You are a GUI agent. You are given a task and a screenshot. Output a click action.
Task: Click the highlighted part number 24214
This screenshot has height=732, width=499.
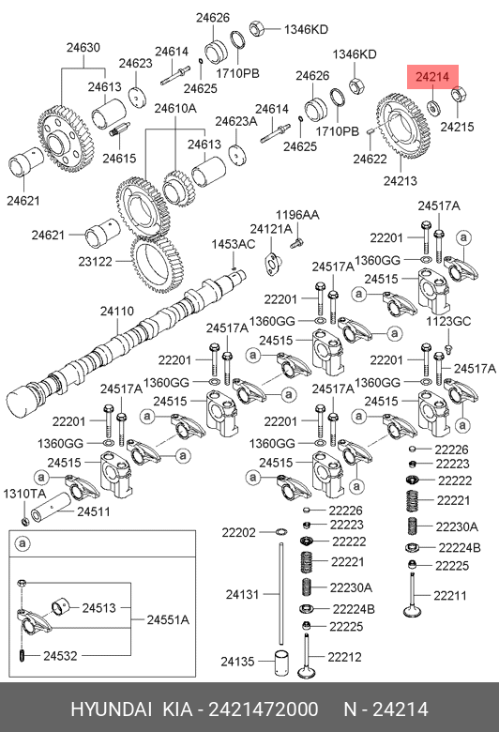pyautogui.click(x=432, y=77)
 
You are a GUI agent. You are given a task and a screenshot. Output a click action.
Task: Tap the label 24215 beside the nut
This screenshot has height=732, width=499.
pyautogui.click(x=457, y=127)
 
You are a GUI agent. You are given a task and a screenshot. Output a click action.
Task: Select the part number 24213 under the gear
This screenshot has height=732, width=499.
pyautogui.click(x=400, y=181)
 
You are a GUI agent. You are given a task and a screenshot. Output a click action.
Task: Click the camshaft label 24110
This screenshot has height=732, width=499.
pyautogui.click(x=116, y=311)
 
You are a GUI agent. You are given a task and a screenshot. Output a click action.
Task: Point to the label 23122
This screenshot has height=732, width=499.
pyautogui.click(x=96, y=262)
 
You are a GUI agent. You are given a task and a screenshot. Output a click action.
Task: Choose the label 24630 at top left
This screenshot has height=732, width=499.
pyautogui.click(x=83, y=47)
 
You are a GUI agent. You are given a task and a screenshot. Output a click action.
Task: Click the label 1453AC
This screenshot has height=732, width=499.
pyautogui.click(x=234, y=244)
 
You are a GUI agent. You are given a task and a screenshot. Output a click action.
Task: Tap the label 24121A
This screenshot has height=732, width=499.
pyautogui.click(x=271, y=229)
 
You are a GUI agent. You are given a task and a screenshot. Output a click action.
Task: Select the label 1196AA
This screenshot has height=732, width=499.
pyautogui.click(x=297, y=215)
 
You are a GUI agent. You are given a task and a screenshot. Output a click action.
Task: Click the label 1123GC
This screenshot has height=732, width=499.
pyautogui.click(x=448, y=321)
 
